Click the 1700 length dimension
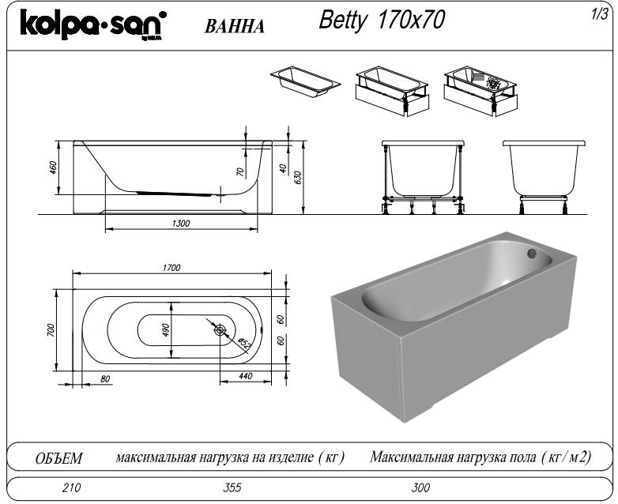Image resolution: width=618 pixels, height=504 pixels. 171,268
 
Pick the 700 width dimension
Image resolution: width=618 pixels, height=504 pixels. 50,329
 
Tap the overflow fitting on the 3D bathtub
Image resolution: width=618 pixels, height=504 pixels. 533,254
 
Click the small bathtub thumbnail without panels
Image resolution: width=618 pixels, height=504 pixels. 306,79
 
